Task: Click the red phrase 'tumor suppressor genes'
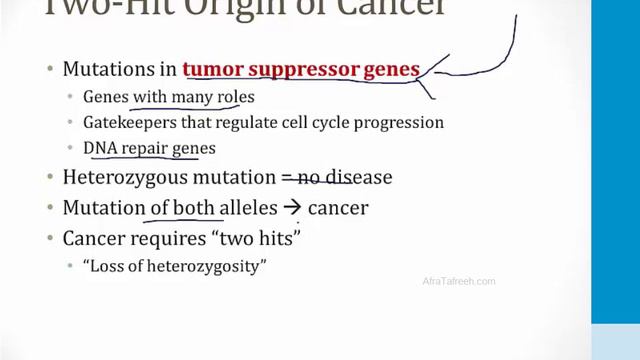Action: tap(300, 70)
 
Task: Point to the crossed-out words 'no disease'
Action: tap(345, 178)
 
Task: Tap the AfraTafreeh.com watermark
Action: tap(459, 282)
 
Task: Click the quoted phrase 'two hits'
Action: tap(266, 238)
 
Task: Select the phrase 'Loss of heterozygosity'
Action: tap(174, 266)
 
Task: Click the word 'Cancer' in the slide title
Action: tap(379, 9)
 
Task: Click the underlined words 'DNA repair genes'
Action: tap(149, 148)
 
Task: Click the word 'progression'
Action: tap(401, 123)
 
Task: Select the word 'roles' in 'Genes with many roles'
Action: tap(235, 97)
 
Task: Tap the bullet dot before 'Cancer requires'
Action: tap(51, 239)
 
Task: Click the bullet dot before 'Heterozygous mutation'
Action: tap(51, 178)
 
